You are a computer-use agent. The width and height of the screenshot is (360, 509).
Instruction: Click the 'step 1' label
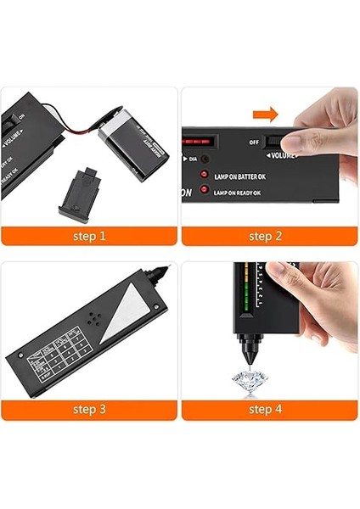[x=89, y=236]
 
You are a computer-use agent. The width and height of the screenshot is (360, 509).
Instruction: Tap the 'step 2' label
[x=270, y=236]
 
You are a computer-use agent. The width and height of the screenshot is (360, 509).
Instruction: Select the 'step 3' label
[x=89, y=410]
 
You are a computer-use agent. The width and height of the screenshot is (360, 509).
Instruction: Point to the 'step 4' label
[x=270, y=410]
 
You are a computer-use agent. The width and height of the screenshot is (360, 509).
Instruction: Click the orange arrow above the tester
[x=265, y=114]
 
